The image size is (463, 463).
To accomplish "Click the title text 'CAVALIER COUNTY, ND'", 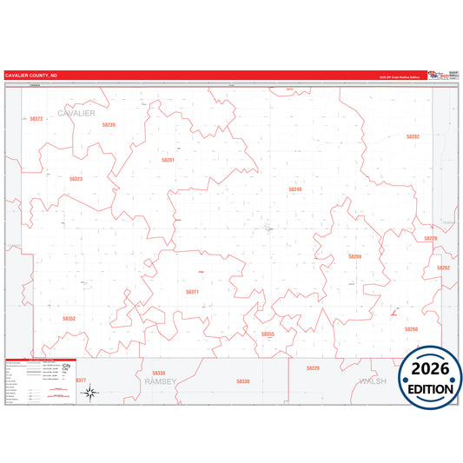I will (x=32, y=76).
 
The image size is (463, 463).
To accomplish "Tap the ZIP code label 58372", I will (x=36, y=118).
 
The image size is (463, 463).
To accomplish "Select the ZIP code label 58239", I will (x=109, y=125).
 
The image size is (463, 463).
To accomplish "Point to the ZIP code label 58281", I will (x=168, y=160).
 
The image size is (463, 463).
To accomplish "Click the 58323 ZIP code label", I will (x=76, y=179).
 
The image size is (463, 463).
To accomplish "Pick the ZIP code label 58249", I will (x=295, y=189).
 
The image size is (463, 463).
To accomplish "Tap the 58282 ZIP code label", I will (x=413, y=136).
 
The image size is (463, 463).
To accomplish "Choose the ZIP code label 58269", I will (x=354, y=257).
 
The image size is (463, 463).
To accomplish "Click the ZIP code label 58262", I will (x=443, y=268).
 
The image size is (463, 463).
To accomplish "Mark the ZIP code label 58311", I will (x=192, y=292).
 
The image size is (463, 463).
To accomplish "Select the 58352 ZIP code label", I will (x=69, y=319).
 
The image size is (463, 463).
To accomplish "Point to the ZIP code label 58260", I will (x=411, y=329).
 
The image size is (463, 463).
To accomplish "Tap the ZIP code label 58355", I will (x=268, y=334).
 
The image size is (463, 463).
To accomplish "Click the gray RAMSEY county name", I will (x=160, y=381).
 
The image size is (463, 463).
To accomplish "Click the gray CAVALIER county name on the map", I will (x=76, y=114).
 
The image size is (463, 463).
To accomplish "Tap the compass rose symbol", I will (x=89, y=394).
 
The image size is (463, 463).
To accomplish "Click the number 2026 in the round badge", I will (x=431, y=367).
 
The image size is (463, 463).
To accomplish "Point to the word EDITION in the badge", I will (x=431, y=388).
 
